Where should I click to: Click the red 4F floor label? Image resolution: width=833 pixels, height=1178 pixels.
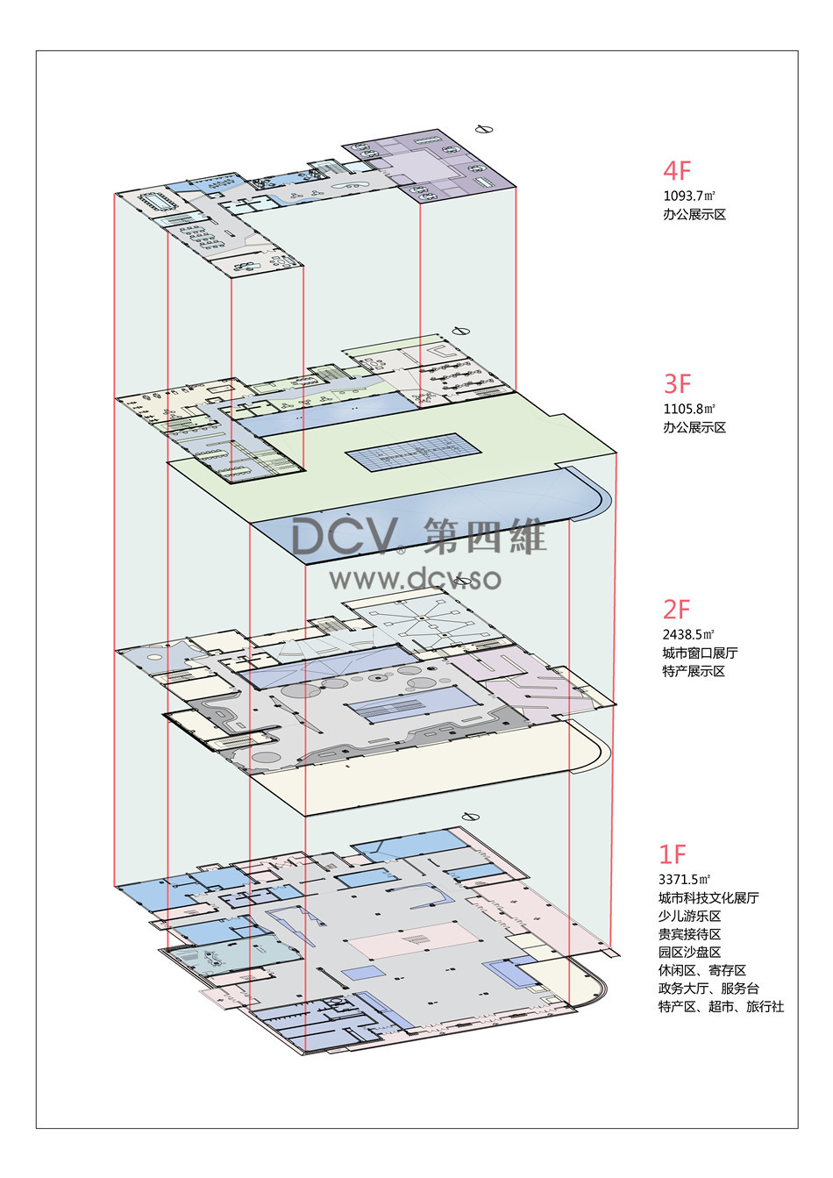pos(677,170)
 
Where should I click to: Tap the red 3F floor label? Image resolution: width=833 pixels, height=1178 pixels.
pos(677,383)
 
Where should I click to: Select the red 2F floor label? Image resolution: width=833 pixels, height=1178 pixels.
pos(676,610)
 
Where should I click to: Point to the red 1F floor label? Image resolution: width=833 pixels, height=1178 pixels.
pos(673,854)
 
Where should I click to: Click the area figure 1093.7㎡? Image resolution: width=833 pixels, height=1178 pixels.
pos(688,196)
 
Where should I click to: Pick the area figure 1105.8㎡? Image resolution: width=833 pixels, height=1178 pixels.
pos(688,409)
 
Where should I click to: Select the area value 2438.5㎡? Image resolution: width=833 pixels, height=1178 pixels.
pos(688,635)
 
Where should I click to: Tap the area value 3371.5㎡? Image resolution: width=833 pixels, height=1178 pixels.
pos(684,879)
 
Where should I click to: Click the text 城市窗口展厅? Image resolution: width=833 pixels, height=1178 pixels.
pos(700,653)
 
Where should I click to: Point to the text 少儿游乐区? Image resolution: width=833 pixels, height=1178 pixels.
pos(689,916)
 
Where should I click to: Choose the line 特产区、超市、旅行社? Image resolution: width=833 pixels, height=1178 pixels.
pos(721,1007)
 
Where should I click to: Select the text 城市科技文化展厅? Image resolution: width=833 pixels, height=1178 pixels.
pos(708,897)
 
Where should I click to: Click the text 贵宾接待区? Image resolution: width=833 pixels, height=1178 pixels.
pos(689,934)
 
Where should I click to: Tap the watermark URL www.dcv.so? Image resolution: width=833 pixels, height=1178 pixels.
pos(416,579)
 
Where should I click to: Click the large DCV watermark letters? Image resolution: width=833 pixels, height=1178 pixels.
pos(344,536)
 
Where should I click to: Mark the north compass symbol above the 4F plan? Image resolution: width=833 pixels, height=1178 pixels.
pos(483,129)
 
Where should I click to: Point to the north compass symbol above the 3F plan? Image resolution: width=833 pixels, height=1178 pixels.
pos(461,331)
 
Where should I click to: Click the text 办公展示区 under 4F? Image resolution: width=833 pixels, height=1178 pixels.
pos(694,215)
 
